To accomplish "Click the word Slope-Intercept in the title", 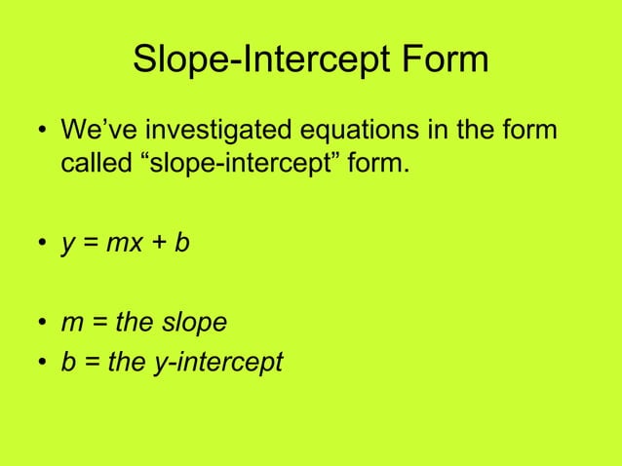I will (257, 59).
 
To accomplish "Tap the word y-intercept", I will (216, 364).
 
